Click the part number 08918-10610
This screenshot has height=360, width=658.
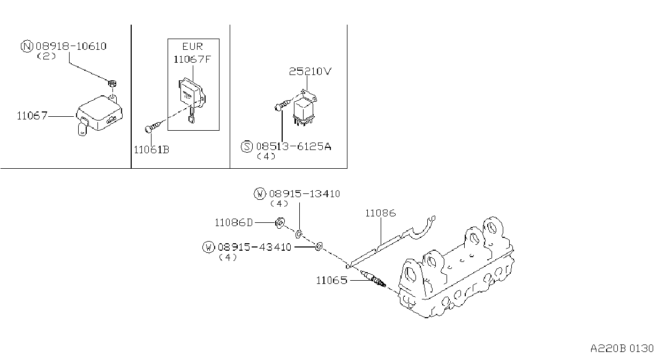(x=71, y=47)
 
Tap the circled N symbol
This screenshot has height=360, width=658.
(x=27, y=47)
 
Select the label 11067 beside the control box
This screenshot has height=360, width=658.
(x=32, y=116)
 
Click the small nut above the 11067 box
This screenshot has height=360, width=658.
(x=112, y=84)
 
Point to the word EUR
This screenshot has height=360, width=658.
(x=192, y=47)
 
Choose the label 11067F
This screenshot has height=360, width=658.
(x=192, y=59)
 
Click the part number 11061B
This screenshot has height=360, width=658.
(x=152, y=150)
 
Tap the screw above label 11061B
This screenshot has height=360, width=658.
(x=153, y=126)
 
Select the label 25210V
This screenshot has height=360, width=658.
(x=310, y=71)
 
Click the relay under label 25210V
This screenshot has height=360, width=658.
(x=304, y=108)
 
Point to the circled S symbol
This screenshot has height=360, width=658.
(x=247, y=146)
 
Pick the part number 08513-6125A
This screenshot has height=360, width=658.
(x=293, y=146)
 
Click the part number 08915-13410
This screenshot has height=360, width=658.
(x=305, y=194)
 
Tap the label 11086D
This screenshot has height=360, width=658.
(x=233, y=223)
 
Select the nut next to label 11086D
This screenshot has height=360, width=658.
(x=280, y=223)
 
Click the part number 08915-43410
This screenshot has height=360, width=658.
(x=254, y=247)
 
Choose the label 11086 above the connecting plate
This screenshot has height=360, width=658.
(x=381, y=213)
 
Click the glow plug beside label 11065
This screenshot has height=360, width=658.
(x=373, y=279)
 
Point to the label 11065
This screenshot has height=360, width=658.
(x=331, y=281)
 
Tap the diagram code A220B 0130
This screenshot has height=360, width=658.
(x=622, y=349)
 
